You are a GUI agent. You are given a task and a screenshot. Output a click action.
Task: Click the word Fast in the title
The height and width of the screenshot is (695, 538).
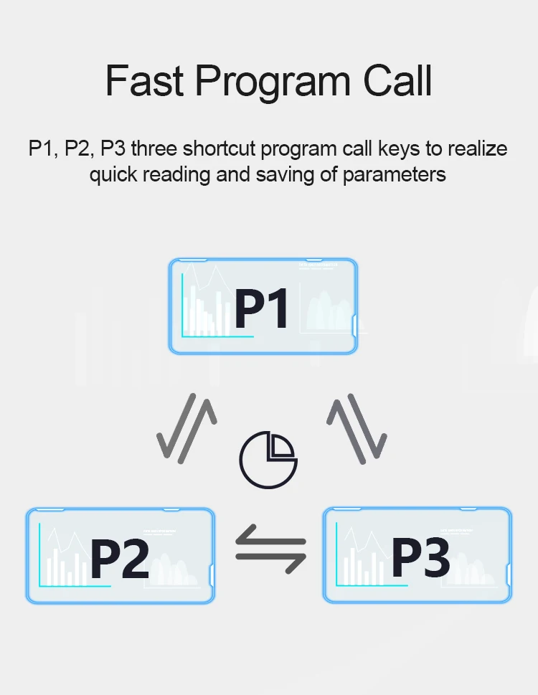point(145,81)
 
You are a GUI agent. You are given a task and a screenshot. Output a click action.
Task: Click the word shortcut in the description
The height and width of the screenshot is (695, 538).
point(220,148)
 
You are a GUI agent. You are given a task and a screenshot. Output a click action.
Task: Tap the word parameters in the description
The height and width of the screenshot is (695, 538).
point(395,174)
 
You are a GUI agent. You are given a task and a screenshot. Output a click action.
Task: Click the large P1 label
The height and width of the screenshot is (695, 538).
point(262,308)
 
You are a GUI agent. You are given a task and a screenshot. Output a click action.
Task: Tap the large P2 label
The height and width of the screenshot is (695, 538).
point(119,559)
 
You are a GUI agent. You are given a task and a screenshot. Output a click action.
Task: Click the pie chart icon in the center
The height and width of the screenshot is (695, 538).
point(268,457)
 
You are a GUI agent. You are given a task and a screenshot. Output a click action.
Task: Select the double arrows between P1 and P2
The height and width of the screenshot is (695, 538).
point(187,427)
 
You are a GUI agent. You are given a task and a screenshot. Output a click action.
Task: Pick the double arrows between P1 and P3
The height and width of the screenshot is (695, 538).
point(357,427)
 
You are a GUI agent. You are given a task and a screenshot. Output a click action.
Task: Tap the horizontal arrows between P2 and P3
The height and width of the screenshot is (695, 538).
point(270,549)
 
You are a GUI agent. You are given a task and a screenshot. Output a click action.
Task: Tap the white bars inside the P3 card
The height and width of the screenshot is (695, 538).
point(362,567)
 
